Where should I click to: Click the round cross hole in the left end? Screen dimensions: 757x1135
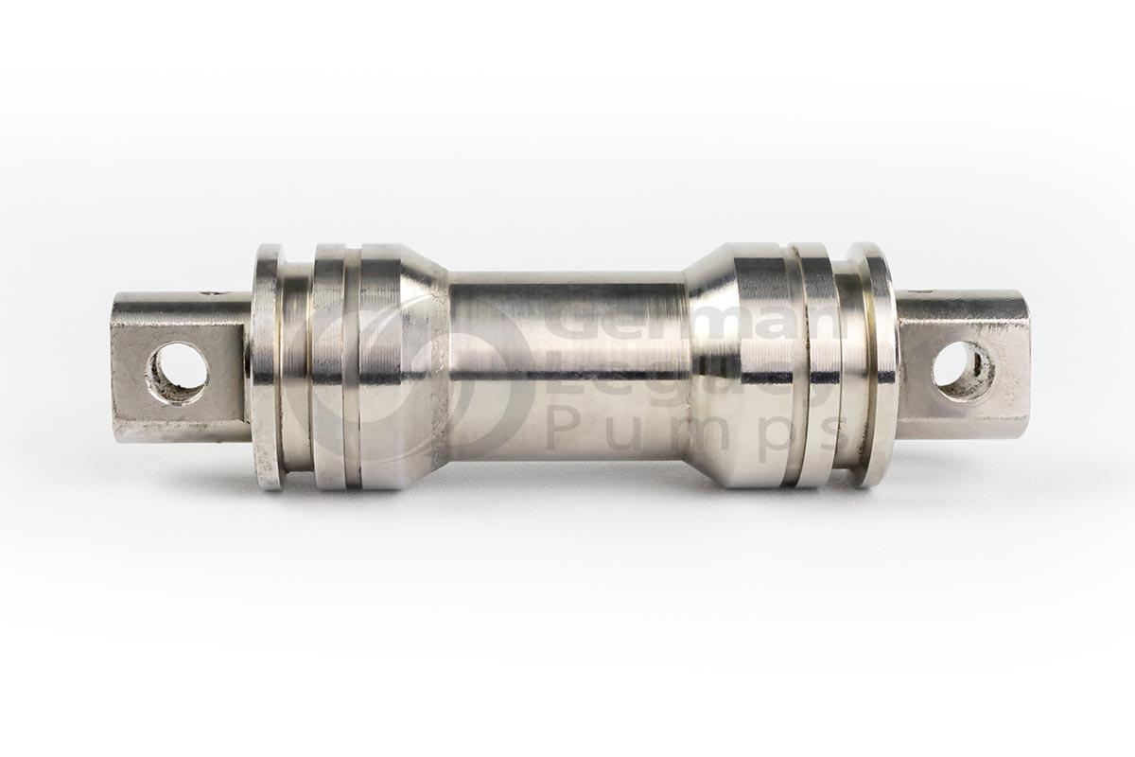tap(178, 372)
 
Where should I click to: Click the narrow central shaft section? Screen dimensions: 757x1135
tap(567, 369)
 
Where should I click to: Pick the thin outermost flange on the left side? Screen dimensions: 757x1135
tap(267, 367)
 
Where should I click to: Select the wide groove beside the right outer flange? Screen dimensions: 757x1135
tap(848, 367)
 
